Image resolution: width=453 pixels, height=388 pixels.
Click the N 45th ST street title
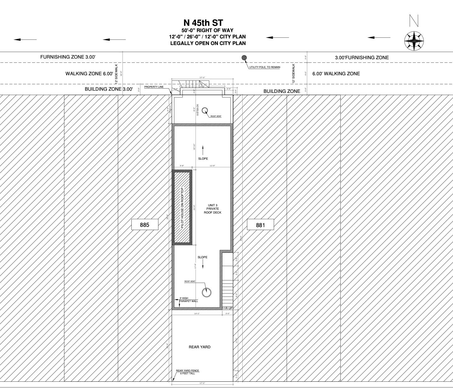pyautogui.click(x=208, y=23)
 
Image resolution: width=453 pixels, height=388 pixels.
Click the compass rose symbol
pyautogui.click(x=414, y=41)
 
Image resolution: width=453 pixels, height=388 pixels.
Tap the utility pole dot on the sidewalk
pyautogui.click(x=244, y=58)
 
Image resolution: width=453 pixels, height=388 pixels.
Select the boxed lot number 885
pyautogui.click(x=145, y=225)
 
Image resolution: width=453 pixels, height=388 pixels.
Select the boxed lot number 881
pyautogui.click(x=260, y=225)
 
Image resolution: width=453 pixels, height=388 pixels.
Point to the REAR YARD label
pyautogui.click(x=199, y=347)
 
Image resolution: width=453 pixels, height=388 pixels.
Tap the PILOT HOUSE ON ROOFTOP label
pyautogui.click(x=182, y=208)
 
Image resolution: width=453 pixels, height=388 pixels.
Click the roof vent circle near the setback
pyautogui.click(x=205, y=111)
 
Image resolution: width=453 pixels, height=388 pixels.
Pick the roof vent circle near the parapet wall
pyautogui.click(x=207, y=292)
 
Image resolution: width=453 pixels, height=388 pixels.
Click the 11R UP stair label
pyautogui.click(x=227, y=308)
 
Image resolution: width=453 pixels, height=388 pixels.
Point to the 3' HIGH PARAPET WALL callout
pyautogui.click(x=188, y=300)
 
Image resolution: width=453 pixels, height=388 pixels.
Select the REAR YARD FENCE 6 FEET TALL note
pyautogui.click(x=187, y=372)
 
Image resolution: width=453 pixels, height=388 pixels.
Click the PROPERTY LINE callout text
pyautogui.click(x=154, y=87)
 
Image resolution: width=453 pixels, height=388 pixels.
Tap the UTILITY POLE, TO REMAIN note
pyautogui.click(x=265, y=67)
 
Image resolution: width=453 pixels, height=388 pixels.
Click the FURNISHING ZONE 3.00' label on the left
pyautogui.click(x=68, y=57)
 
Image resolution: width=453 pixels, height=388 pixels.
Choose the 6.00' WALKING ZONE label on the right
pyautogui.click(x=336, y=74)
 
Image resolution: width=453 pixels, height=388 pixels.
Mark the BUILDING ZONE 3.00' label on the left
pyautogui.click(x=109, y=89)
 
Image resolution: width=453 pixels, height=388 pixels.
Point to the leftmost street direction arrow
pyautogui.click(x=25, y=39)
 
